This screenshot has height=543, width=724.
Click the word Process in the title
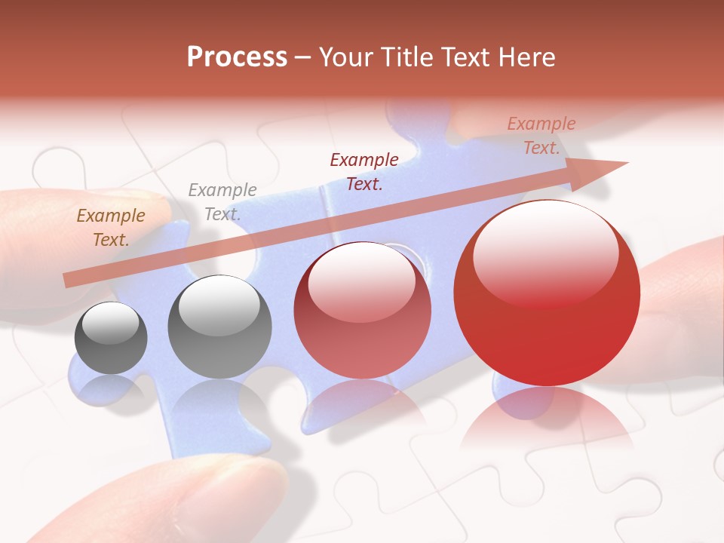[237, 57]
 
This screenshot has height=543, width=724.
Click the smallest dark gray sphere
[111, 338]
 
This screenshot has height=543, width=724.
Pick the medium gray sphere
[219, 327]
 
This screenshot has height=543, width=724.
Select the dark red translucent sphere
[362, 310]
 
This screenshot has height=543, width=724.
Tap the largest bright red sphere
[547, 302]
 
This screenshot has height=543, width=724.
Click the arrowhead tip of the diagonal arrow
[626, 163]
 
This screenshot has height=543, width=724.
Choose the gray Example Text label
[222, 202]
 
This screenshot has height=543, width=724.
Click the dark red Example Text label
[364, 171]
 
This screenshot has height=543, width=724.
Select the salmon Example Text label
[541, 136]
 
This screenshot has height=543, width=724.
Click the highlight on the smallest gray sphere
[110, 323]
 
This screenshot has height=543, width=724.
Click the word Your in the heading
[343, 57]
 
